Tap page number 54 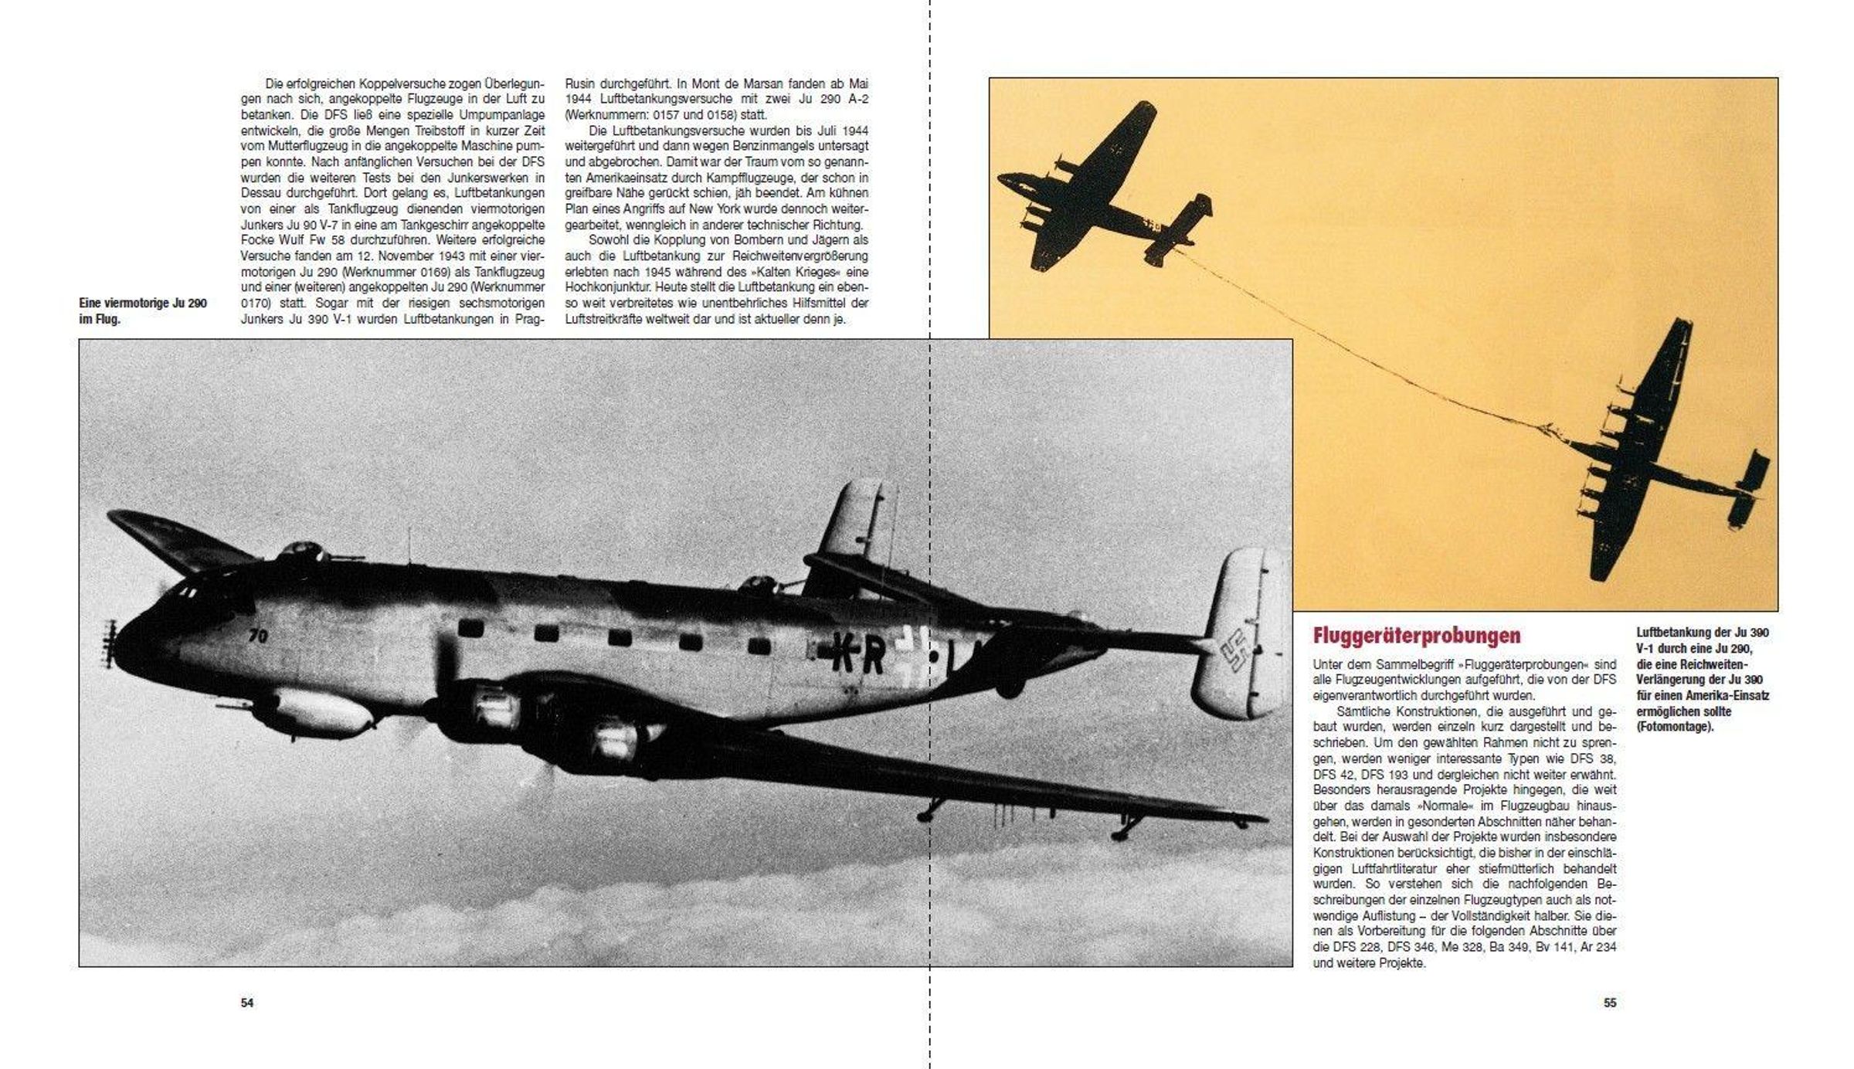247,1003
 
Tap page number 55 1610,1003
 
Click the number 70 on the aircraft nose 259,636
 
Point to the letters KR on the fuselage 858,656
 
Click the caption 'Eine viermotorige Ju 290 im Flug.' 143,311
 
